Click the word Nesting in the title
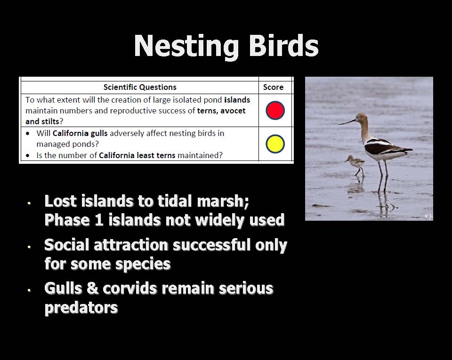pyautogui.click(x=186, y=46)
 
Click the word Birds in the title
pyautogui.click(x=283, y=46)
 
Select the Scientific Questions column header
pyautogui.click(x=140, y=87)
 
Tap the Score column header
pyautogui.click(x=273, y=87)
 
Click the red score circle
pyautogui.click(x=275, y=110)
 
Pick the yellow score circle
pyautogui.click(x=275, y=144)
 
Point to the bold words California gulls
pyautogui.click(x=80, y=133)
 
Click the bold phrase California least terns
pyautogui.click(x=137, y=155)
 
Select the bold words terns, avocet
pyautogui.click(x=221, y=111)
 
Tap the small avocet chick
pyautogui.click(x=355, y=165)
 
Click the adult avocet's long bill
pyautogui.click(x=347, y=122)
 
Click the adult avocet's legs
pyautogui.click(x=383, y=176)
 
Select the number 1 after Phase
pyautogui.click(x=99, y=220)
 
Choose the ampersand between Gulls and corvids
pyautogui.click(x=92, y=288)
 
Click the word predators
pyautogui.click(x=81, y=308)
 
